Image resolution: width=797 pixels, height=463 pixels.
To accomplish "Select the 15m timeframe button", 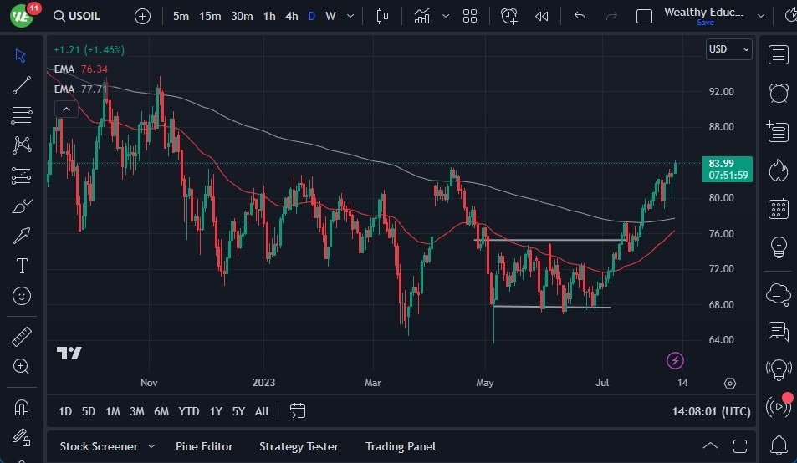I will (x=210, y=16).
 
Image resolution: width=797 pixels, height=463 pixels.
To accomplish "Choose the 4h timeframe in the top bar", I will (x=291, y=16).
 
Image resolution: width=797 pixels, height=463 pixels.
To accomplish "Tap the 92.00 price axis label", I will (x=721, y=92).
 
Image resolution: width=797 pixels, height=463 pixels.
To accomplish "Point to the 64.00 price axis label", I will (x=721, y=340).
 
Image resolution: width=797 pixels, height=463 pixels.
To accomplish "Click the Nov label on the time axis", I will (x=149, y=383).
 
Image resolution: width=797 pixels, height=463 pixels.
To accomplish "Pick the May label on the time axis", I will (x=485, y=383).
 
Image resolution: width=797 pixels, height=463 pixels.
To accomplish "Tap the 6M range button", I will (x=161, y=411).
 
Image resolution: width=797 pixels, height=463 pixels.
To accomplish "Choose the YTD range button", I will (x=189, y=411).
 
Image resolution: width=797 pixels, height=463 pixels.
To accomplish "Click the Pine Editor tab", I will (x=204, y=446).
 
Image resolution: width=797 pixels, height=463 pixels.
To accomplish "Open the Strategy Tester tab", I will (x=299, y=446).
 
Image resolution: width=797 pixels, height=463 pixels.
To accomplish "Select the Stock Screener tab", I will (x=98, y=446).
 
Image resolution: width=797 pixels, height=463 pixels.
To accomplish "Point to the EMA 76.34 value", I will (x=95, y=69).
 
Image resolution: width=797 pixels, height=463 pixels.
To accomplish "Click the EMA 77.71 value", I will (x=95, y=89).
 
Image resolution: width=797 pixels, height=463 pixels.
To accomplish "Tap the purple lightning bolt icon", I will (x=676, y=361).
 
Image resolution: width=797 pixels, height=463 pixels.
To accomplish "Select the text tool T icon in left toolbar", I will (x=22, y=266).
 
